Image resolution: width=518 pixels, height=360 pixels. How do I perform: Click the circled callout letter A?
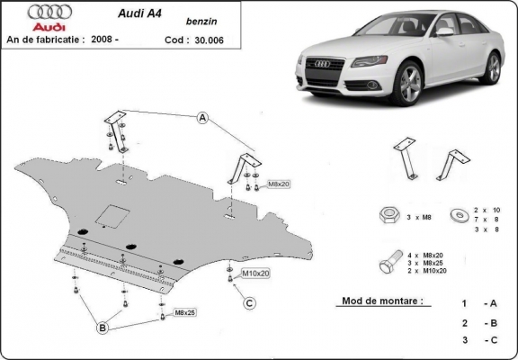tap(203, 118)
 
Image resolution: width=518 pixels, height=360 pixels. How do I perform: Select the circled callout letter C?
tap(248, 301)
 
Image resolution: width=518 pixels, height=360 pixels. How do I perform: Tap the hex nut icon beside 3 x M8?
tap(389, 215)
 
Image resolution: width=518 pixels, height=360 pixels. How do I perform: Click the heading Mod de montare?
tap(381, 301)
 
